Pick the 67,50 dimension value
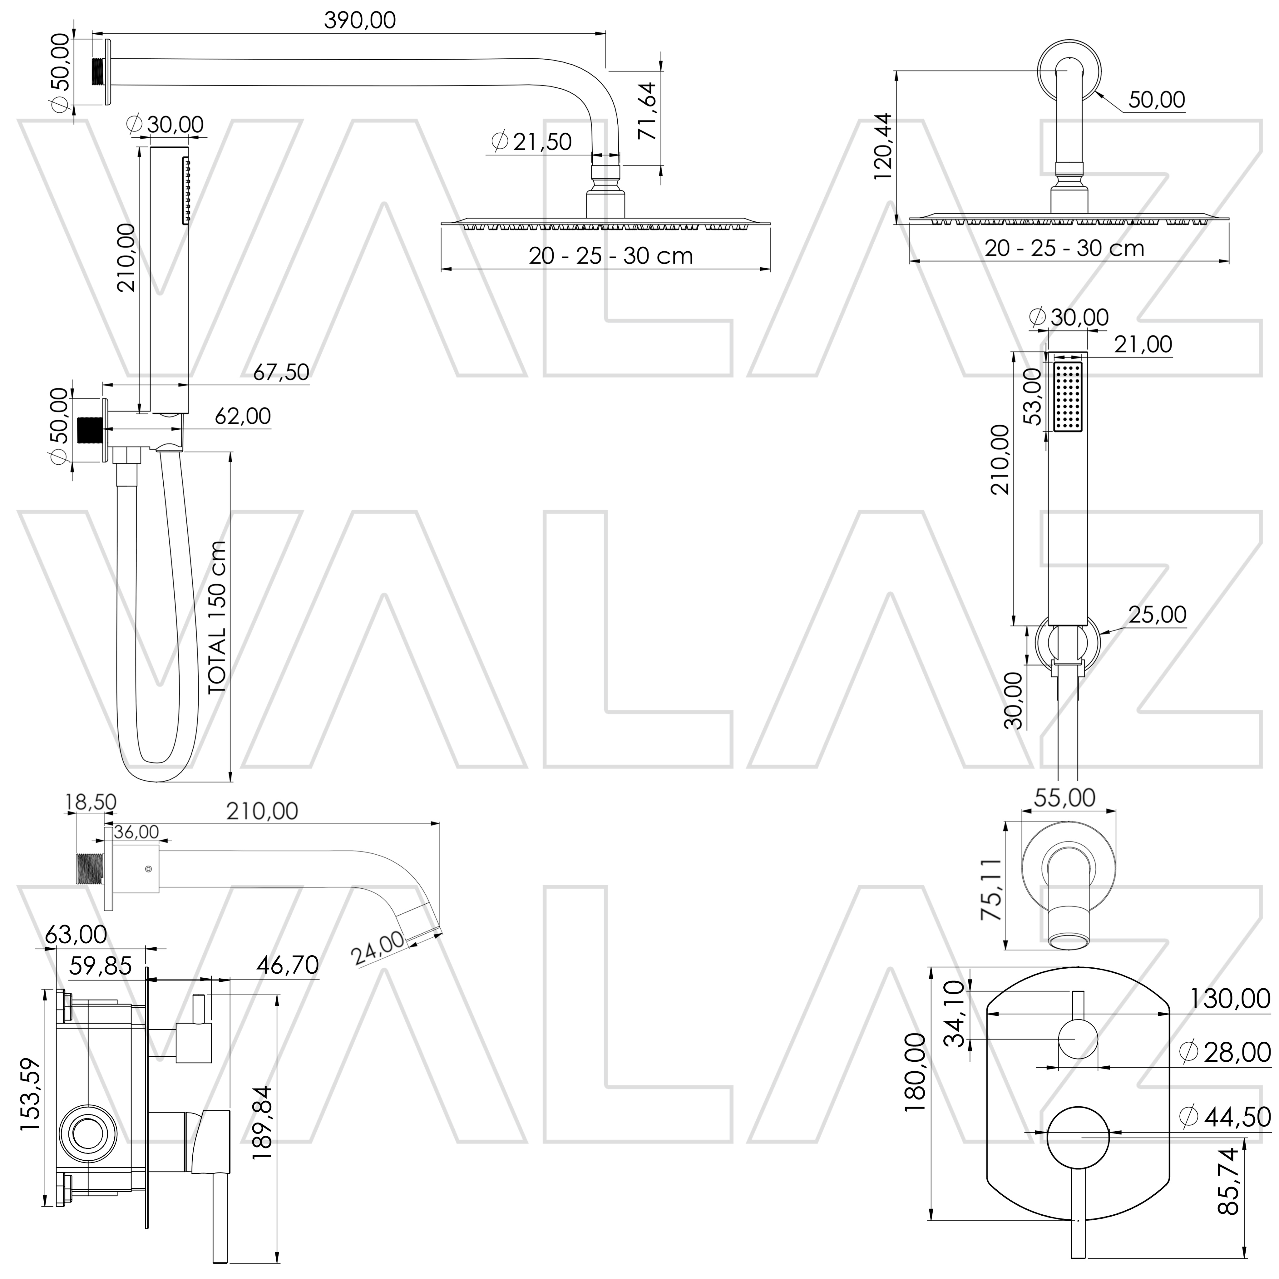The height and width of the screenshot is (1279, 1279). click(281, 372)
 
